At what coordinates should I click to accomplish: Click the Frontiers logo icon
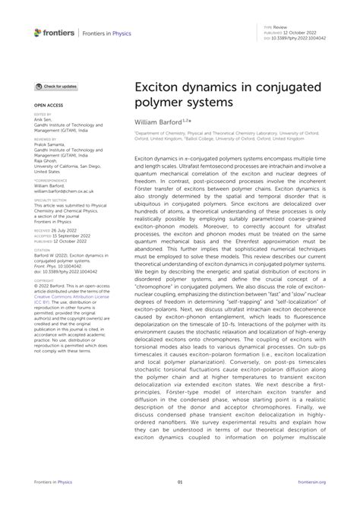(38, 33)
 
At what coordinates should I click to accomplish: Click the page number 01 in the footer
(180, 482)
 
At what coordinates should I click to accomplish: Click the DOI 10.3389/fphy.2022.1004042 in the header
(299, 38)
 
